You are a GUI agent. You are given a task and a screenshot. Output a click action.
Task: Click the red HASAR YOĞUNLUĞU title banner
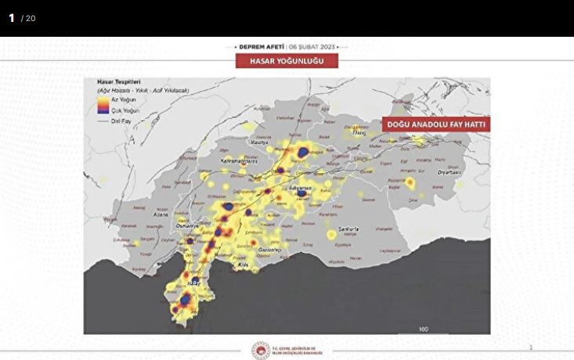pos(287,61)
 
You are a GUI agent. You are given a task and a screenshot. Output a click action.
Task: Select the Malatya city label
pos(258,143)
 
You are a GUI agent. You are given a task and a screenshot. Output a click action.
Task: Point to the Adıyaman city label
pos(300,188)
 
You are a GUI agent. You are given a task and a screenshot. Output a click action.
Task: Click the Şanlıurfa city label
pos(342,229)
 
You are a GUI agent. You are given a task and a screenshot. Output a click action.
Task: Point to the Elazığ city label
pos(359,133)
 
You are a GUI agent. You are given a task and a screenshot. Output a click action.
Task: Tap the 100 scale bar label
pos(423,329)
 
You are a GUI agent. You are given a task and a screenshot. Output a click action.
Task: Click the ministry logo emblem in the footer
pos(261,351)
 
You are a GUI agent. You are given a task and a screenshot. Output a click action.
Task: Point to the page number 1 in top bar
pos(12,17)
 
